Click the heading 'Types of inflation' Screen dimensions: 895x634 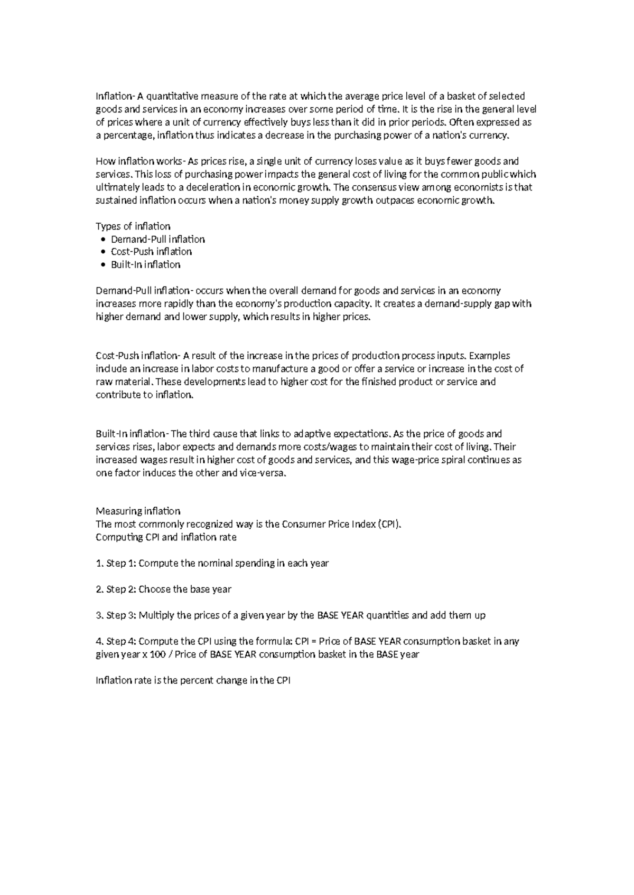(x=133, y=226)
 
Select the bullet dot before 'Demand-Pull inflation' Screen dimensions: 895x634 (x=102, y=240)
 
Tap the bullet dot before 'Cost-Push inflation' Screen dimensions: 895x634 (x=102, y=252)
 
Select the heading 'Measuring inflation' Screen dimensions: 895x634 (x=138, y=511)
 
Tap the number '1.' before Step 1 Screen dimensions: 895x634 (x=99, y=563)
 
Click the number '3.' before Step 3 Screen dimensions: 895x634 (x=99, y=615)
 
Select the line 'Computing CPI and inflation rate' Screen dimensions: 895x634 (x=166, y=537)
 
